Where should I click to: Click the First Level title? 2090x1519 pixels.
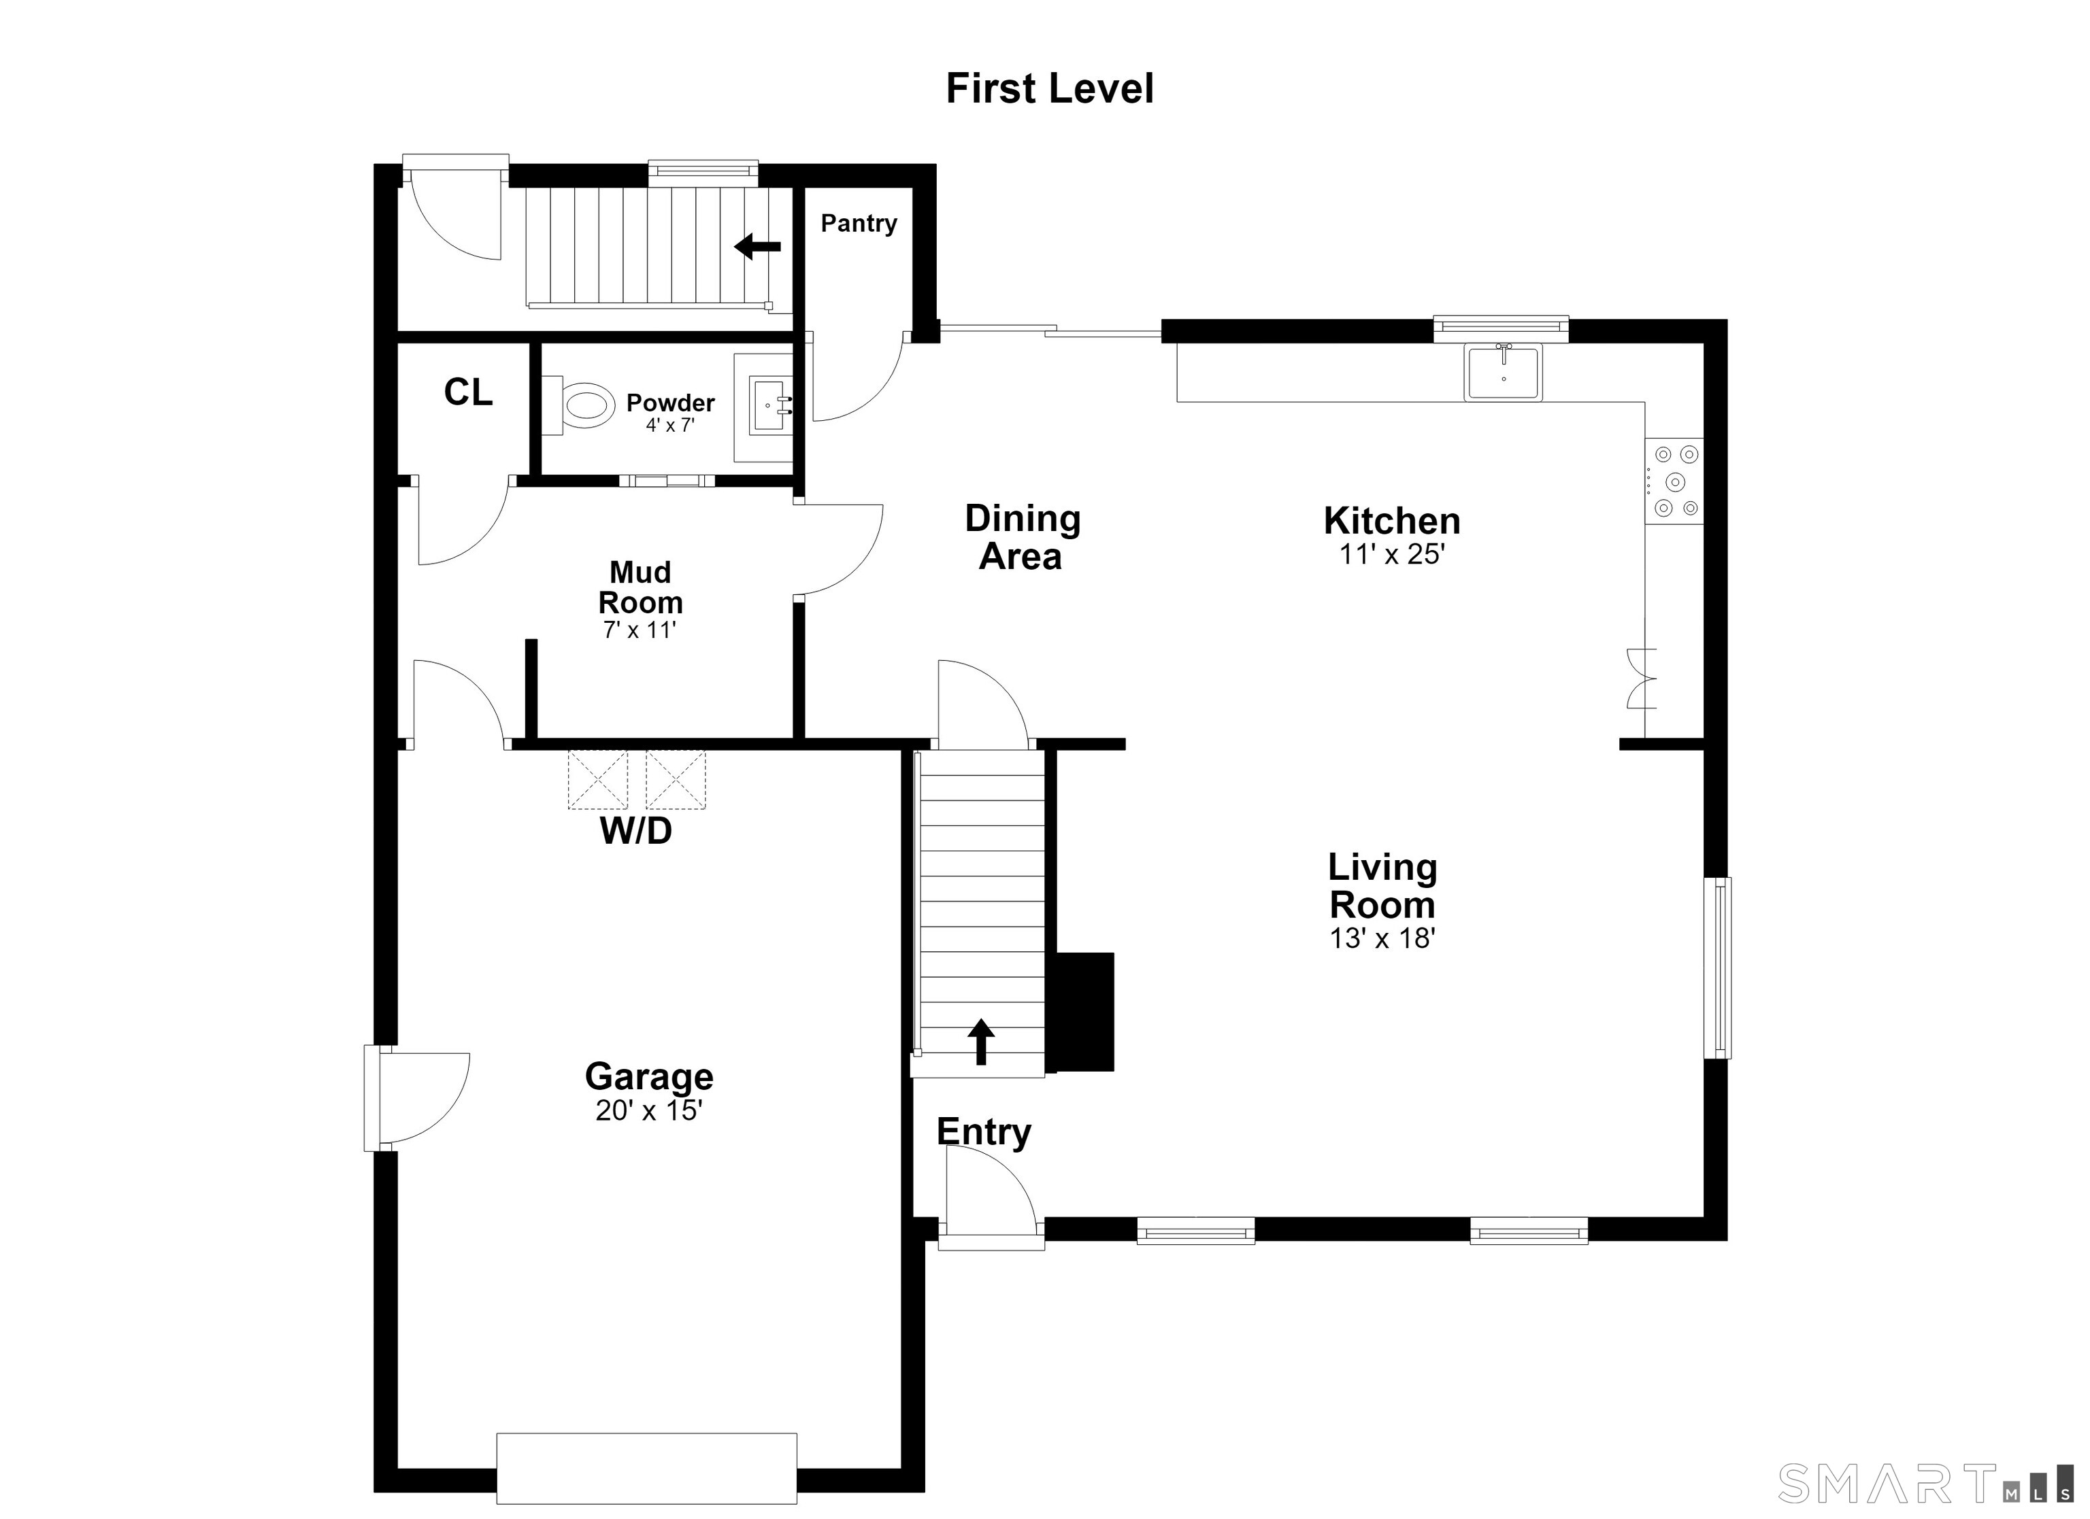click(1050, 89)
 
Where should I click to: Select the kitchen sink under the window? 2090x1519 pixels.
click(1503, 372)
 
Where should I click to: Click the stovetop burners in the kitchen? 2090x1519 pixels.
click(1674, 481)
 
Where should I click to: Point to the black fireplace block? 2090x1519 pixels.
click(1084, 1010)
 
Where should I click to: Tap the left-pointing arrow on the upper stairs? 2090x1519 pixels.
click(757, 246)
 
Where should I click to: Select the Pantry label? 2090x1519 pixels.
click(859, 224)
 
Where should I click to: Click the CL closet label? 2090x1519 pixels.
click(468, 392)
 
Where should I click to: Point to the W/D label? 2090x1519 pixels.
click(636, 831)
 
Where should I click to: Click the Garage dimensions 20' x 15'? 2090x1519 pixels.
click(650, 1111)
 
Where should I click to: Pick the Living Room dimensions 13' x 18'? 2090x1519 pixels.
click(1383, 938)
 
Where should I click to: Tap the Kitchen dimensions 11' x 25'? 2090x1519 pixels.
click(1391, 555)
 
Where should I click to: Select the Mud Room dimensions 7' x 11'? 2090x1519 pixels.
click(640, 630)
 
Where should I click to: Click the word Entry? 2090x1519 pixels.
click(984, 1132)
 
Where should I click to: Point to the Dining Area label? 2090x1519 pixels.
click(1022, 537)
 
